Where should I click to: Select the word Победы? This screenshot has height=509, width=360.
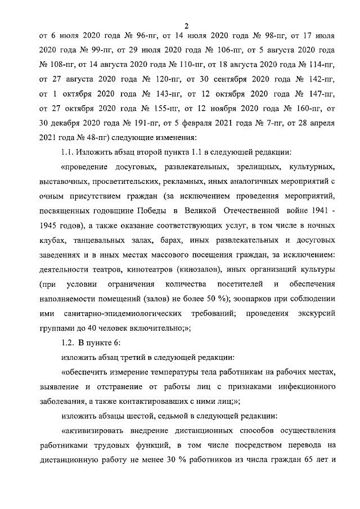pyautogui.click(x=154, y=210)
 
